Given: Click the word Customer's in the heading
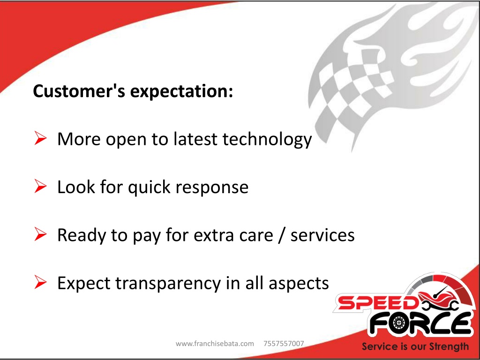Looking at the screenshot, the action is pos(79,91).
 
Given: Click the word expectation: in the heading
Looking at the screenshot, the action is pos(182,92).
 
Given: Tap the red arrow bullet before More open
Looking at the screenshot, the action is pos(40,138).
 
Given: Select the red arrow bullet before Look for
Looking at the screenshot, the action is pos(40,186).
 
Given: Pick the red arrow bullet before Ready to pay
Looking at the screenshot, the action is pos(40,234).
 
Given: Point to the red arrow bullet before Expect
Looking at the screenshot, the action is pos(40,282).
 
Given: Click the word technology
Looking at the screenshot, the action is pos(267,140).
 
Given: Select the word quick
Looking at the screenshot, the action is pos(149,187).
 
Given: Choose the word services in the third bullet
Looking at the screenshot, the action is pos(322,236).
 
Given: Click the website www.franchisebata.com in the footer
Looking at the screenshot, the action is pos(215,344).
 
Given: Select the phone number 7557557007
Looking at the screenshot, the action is pos(284,344).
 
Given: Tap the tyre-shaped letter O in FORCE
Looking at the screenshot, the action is pos(398,323).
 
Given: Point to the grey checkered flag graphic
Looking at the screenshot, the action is pos(352,89).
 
